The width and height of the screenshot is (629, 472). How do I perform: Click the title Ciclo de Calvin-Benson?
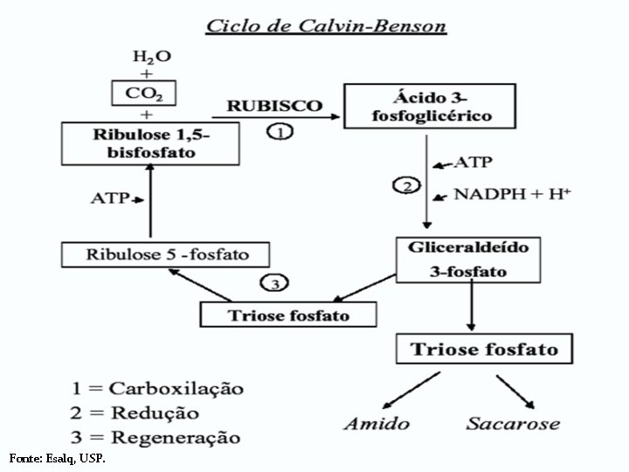click(x=326, y=25)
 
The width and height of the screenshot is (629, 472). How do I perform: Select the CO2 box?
click(x=151, y=93)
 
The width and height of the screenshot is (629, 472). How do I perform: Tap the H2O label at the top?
click(x=151, y=57)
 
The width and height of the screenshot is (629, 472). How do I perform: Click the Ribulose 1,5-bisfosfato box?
click(x=150, y=142)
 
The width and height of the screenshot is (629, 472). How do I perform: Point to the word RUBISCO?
click(x=274, y=106)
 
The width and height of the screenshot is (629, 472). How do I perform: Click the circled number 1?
click(x=280, y=132)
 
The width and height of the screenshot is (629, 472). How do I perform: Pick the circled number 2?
click(x=407, y=186)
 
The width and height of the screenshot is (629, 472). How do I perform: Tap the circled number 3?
click(x=274, y=283)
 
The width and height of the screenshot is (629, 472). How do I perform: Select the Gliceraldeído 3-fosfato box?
click(x=469, y=259)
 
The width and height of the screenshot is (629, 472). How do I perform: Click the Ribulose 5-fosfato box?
click(x=166, y=255)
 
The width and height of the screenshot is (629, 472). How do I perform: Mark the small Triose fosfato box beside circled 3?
click(x=287, y=314)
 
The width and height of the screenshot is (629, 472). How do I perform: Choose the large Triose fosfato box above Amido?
click(x=484, y=350)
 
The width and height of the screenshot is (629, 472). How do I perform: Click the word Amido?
click(x=376, y=424)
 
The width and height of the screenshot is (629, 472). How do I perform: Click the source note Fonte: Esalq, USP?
click(x=58, y=457)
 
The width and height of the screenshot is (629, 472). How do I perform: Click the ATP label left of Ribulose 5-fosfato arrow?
click(x=111, y=198)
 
